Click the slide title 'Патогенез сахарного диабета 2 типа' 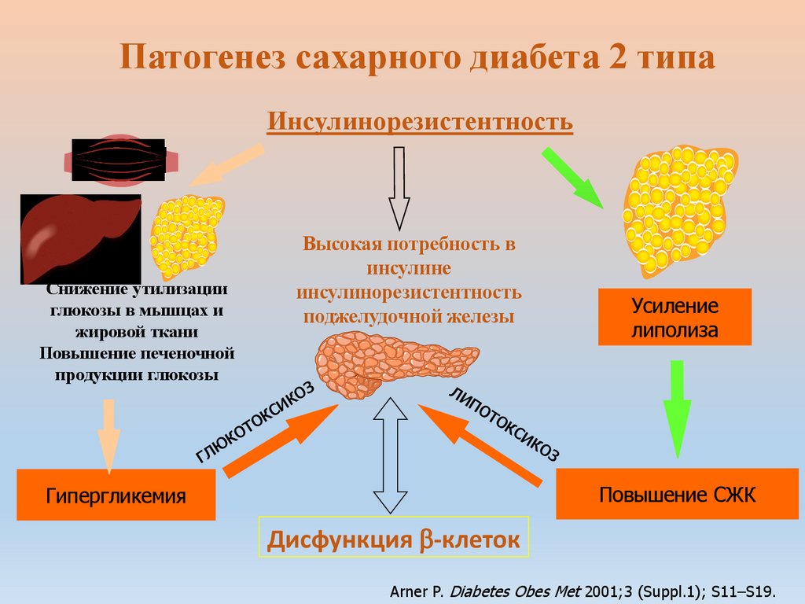tap(417, 60)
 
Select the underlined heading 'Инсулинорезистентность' tap(420, 122)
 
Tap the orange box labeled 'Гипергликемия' tap(116, 495)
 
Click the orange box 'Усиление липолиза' tap(675, 317)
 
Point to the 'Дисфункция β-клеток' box tap(394, 540)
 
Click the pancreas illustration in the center tap(393, 363)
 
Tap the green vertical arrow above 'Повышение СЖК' tap(677, 408)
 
